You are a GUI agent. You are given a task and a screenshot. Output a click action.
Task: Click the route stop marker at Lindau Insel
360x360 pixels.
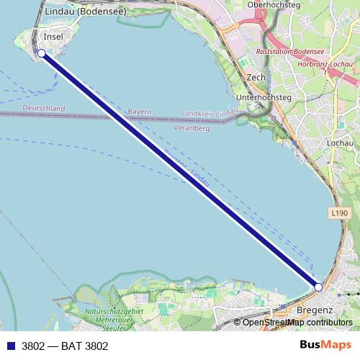pyautogui.click(x=41, y=53)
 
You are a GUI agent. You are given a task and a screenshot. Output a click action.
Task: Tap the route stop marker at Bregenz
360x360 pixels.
pyautogui.click(x=318, y=287)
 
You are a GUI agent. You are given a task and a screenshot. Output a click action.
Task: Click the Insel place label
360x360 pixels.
pyautogui.click(x=54, y=37)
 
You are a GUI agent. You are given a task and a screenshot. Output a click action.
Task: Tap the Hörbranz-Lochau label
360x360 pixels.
pyautogui.click(x=325, y=65)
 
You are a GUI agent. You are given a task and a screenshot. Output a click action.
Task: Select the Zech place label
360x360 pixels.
pyautogui.click(x=256, y=77)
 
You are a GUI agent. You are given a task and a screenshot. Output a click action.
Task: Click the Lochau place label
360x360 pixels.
pyautogui.click(x=340, y=143)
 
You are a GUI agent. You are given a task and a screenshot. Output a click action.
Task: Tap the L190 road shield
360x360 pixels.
pyautogui.click(x=341, y=213)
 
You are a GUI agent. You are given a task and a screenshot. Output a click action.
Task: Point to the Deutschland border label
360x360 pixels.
pyautogui.click(x=43, y=109)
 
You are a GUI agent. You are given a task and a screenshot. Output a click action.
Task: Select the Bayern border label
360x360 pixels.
pyautogui.click(x=140, y=112)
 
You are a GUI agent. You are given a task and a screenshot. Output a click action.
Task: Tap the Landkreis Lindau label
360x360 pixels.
pyautogui.click(x=209, y=114)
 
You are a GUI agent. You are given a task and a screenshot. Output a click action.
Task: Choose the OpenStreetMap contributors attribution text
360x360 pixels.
pyautogui.click(x=297, y=323)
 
